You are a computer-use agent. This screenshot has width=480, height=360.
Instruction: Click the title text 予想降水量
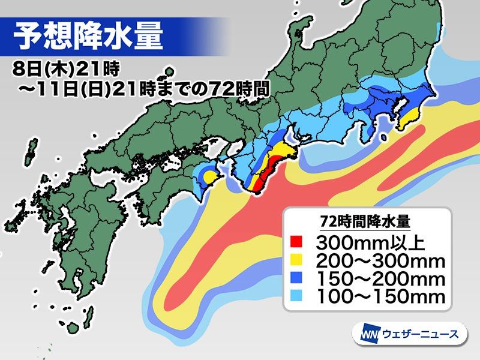tap(88, 38)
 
